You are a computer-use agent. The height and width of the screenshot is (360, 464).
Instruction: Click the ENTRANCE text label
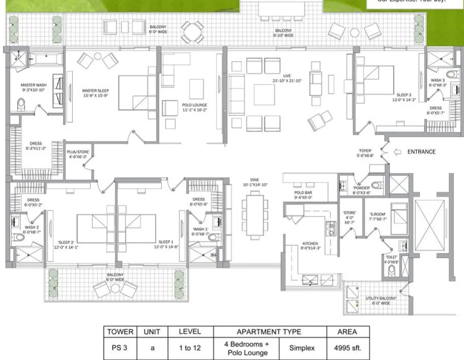(421, 152)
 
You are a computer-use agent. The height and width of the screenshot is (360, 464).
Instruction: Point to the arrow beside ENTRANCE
(398, 152)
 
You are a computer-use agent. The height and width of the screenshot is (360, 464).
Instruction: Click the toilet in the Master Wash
(21, 104)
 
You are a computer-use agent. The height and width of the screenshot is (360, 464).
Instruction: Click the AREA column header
(347, 332)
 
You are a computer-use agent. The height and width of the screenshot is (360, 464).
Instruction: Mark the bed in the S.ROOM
(398, 214)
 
